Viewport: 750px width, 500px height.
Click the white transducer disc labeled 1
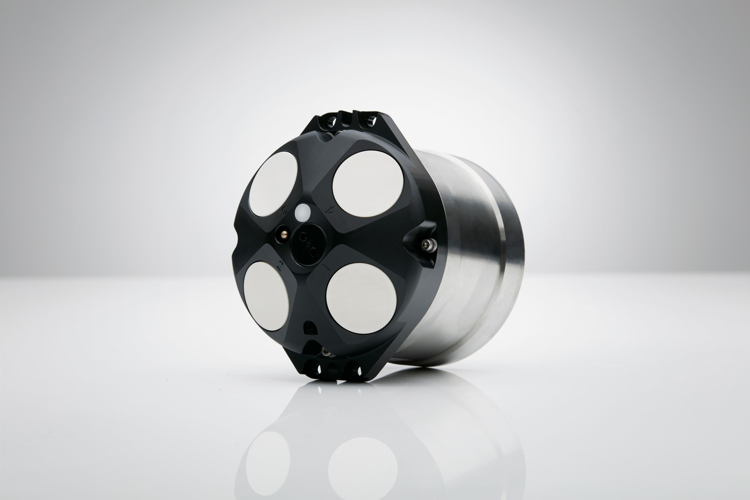tap(361, 298)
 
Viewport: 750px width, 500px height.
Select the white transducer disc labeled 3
tap(273, 184)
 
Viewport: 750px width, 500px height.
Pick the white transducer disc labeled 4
tap(368, 184)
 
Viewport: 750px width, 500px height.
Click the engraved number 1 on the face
tap(326, 266)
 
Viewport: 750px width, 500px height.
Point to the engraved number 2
tap(280, 265)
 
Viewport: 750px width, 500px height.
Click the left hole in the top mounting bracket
tap(332, 121)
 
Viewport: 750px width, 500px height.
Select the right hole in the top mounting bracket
tap(371, 121)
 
